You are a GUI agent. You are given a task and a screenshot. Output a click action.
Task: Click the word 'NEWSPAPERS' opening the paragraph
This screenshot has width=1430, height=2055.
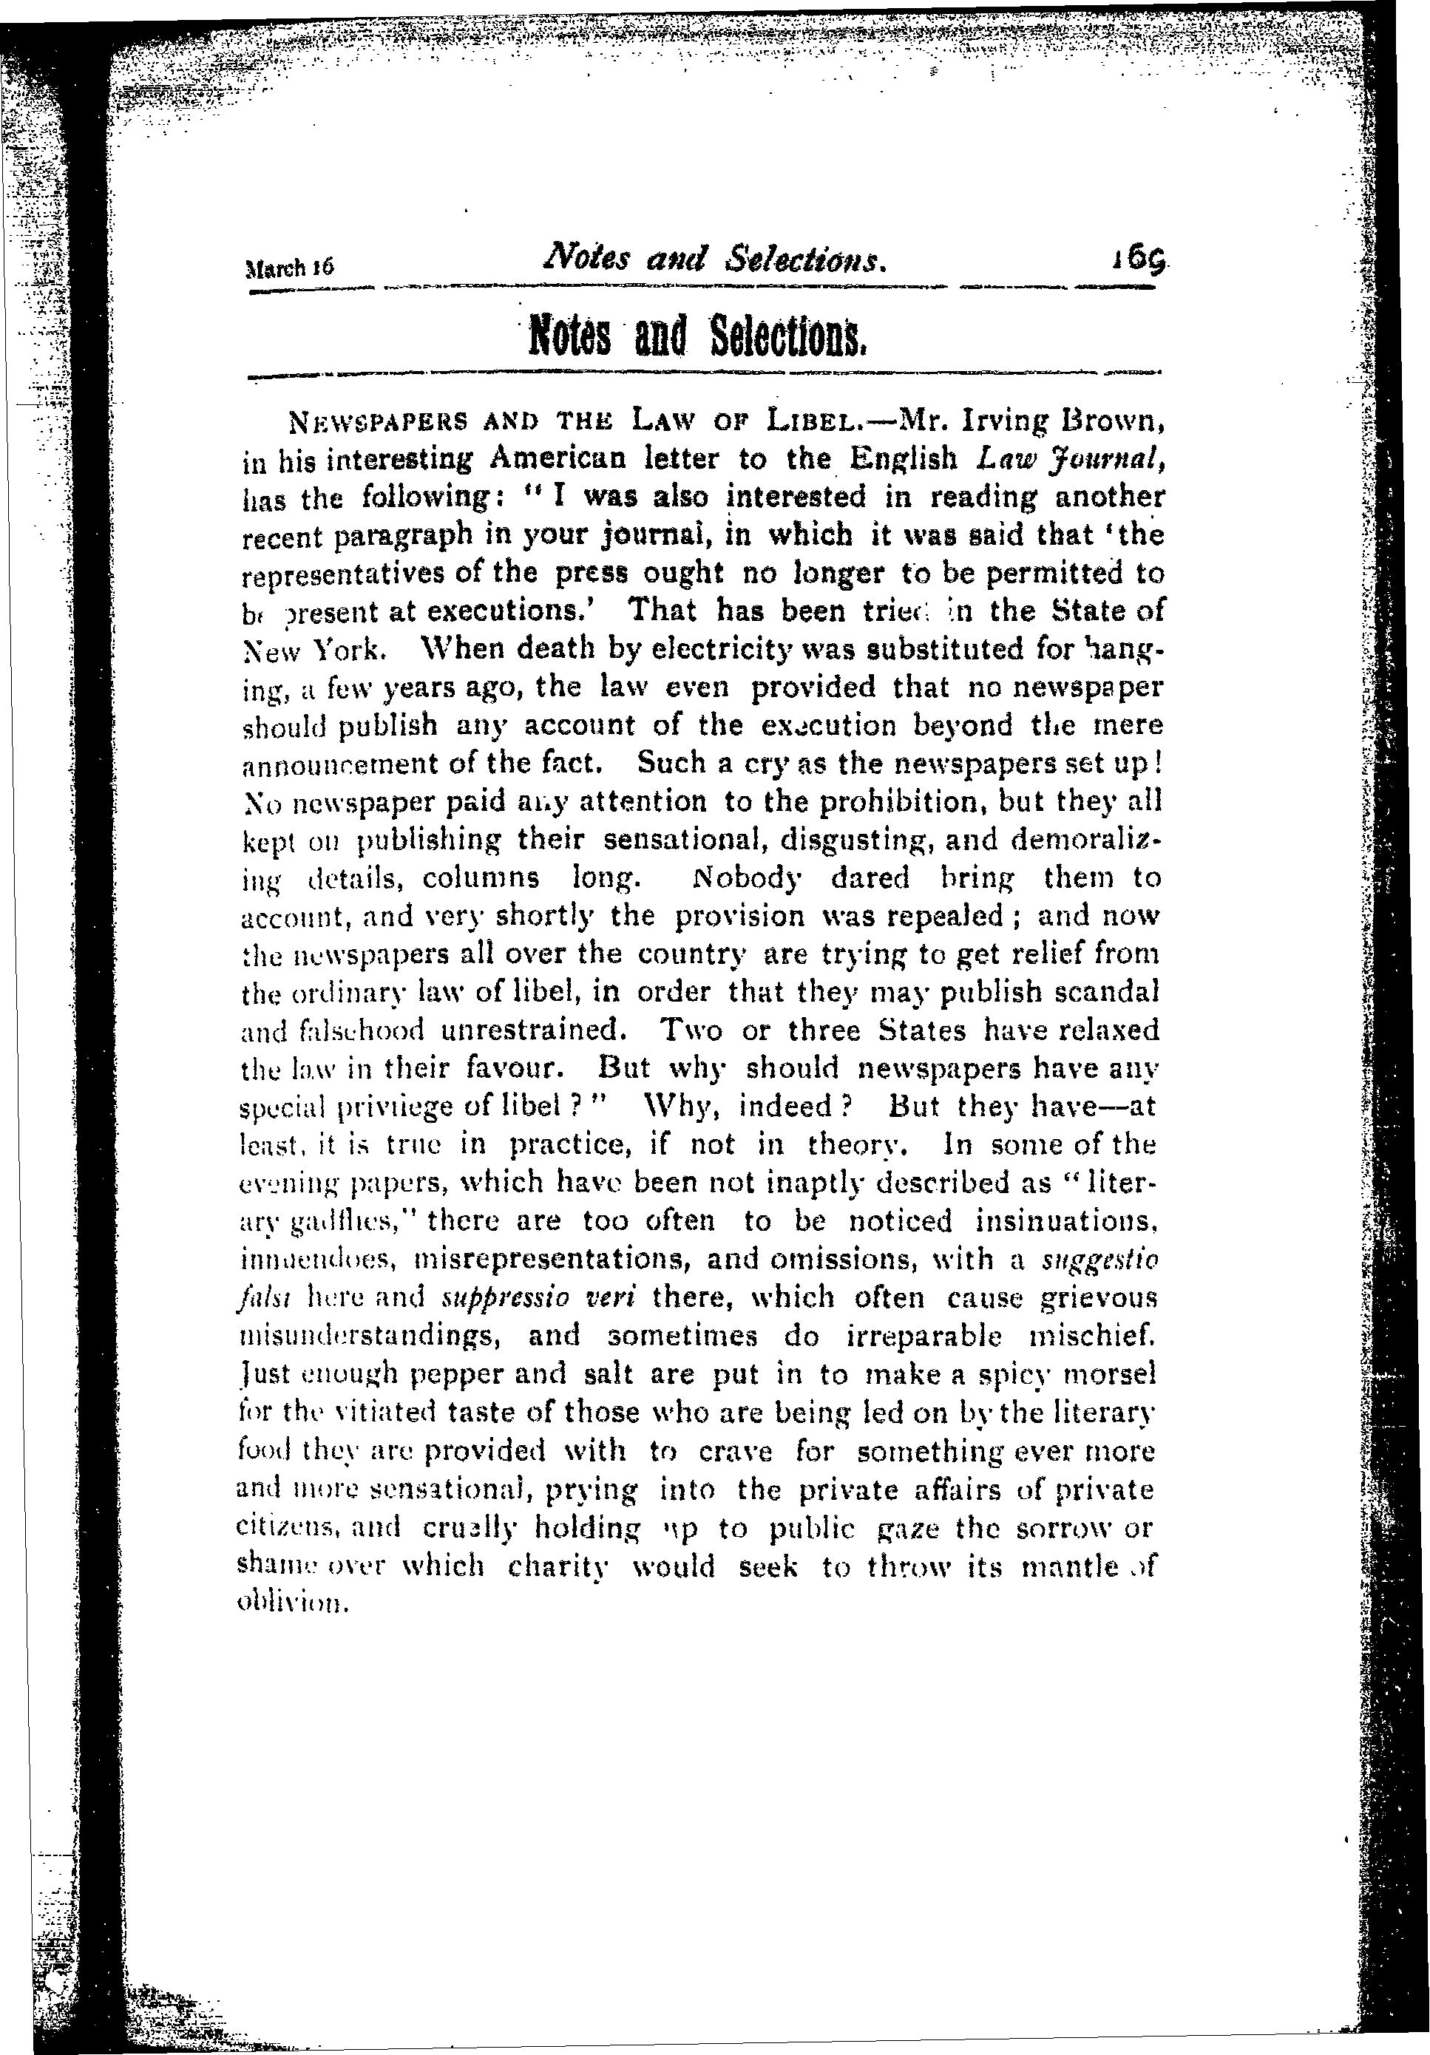coord(362,419)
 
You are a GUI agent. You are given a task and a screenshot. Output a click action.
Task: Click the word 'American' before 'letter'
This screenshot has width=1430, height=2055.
coord(557,458)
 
